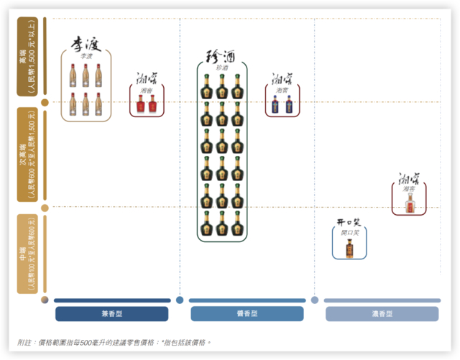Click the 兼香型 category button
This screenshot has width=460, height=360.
(111, 314)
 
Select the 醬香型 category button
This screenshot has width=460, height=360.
(247, 314)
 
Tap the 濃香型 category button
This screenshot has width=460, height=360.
(382, 314)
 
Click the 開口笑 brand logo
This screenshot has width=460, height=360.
(349, 223)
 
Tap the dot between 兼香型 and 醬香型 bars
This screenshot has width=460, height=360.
(180, 300)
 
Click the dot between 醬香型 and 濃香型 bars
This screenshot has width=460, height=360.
(315, 300)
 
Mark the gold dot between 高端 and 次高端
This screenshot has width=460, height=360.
(45, 102)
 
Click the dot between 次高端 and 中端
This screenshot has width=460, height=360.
(45, 208)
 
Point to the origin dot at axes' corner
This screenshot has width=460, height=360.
(45, 300)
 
